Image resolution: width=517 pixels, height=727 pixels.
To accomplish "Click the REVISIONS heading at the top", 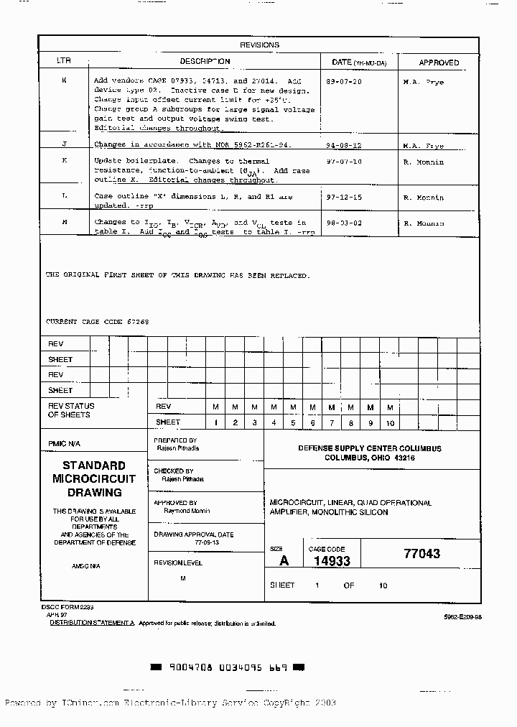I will click(x=259, y=45).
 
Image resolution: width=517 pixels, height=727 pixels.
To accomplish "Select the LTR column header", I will click(x=64, y=62).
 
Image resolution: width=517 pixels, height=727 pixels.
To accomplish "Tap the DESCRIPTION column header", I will click(x=205, y=62).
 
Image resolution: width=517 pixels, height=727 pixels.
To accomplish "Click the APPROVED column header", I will click(x=439, y=62).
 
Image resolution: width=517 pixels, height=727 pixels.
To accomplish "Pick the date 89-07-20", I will click(x=344, y=82).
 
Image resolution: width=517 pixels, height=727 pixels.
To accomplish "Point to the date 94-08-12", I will click(x=344, y=144).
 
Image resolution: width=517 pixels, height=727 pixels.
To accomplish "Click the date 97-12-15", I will click(x=344, y=197).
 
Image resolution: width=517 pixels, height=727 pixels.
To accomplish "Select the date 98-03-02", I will click(x=344, y=223).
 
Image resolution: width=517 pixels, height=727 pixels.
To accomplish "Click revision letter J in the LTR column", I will click(x=64, y=144).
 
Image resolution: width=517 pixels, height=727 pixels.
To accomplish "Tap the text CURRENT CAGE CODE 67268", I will click(x=98, y=322).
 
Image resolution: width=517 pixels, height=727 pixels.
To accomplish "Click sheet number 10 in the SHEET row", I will click(x=390, y=423).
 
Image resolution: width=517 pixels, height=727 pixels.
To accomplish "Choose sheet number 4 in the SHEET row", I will click(x=274, y=423).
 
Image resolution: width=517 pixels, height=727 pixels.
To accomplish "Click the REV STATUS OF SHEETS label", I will click(x=71, y=410).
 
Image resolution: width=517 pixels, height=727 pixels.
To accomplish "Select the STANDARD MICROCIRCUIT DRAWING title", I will click(x=94, y=479).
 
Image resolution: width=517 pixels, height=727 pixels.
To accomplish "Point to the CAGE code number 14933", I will click(x=331, y=561).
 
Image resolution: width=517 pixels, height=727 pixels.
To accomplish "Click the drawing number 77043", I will click(x=421, y=554).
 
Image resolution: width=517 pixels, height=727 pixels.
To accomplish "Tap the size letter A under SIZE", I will click(x=284, y=561).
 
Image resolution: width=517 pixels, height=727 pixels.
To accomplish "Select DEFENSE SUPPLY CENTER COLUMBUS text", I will click(x=370, y=448).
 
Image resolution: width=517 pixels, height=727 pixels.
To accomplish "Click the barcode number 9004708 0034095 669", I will click(x=228, y=667).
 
